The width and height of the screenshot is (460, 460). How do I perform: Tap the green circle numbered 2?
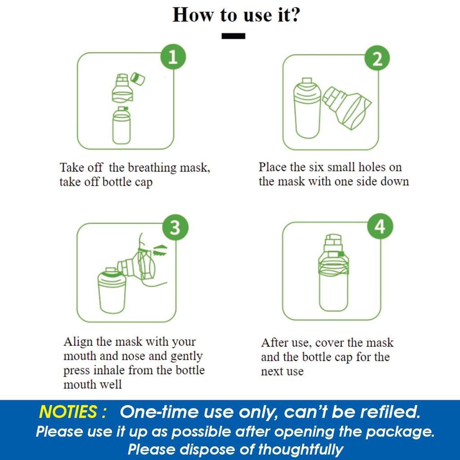(x=377, y=58)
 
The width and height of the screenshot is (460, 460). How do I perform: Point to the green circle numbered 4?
(x=380, y=226)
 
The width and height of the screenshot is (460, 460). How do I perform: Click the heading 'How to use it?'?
(x=236, y=15)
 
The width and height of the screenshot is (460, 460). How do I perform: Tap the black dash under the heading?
(x=233, y=36)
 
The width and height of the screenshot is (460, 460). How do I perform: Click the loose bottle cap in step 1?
(x=137, y=79)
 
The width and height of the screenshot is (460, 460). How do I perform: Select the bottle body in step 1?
(x=121, y=126)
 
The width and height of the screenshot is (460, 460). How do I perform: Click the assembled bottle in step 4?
(x=334, y=273)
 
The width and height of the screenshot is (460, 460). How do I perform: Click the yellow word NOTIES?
(x=68, y=411)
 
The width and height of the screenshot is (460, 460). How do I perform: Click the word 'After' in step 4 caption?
(x=272, y=342)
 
